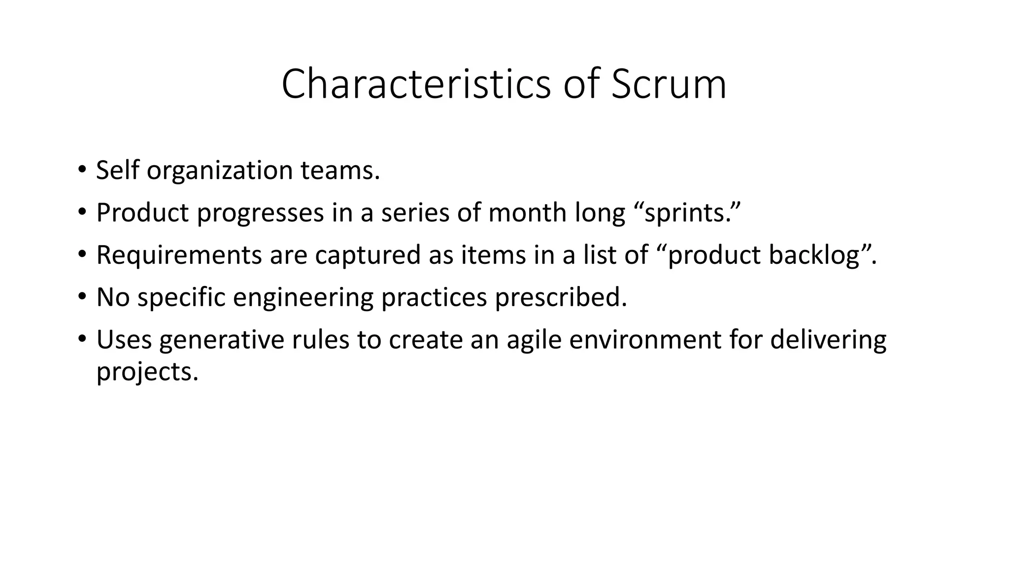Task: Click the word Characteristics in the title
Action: pos(416,84)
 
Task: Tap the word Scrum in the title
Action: pos(669,84)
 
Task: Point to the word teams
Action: pos(340,171)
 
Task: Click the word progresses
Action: pos(261,213)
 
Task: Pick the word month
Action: pos(528,213)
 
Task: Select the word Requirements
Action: pos(179,255)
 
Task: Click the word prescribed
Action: pos(561,297)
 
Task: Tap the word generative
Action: pos(222,340)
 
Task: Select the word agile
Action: pos(534,340)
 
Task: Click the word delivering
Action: pos(828,340)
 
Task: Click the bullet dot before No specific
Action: pos(82,296)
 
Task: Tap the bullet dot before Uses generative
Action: pos(82,339)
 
